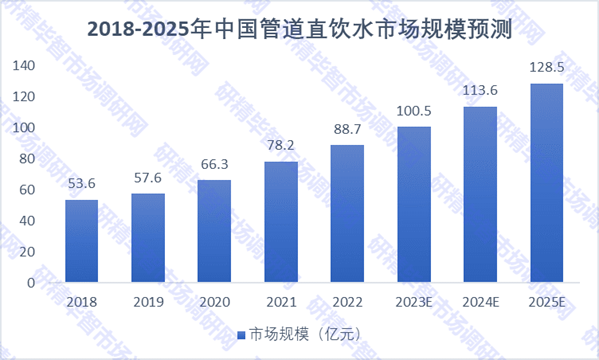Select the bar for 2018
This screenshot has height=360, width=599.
coord(82,241)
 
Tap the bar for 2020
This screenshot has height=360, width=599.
coord(214,231)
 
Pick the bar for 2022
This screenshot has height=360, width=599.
coord(347,214)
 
